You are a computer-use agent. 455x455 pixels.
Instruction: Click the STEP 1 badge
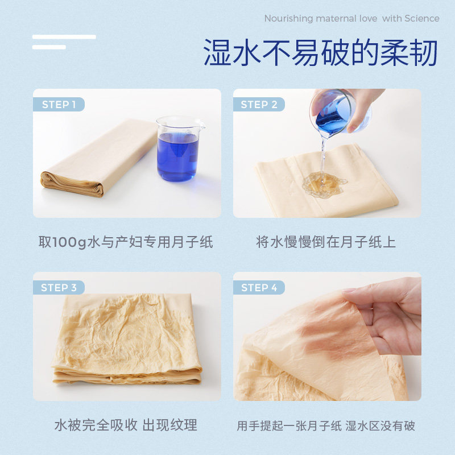59,104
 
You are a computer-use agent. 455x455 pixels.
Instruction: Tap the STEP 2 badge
259,104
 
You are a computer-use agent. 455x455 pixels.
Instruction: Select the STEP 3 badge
59,287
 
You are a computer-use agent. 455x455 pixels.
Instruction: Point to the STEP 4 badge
259,287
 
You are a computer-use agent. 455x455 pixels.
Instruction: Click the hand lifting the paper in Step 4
387,316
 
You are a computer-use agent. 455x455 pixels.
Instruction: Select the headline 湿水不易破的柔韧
320,53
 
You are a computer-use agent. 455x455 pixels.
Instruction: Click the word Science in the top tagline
421,18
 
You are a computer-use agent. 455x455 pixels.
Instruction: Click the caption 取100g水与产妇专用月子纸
126,242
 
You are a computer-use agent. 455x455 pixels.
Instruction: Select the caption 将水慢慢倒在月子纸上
326,242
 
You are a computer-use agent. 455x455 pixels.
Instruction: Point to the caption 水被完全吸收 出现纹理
126,425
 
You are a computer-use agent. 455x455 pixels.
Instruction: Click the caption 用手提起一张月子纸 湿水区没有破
326,425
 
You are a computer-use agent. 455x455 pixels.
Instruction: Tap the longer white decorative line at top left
64,37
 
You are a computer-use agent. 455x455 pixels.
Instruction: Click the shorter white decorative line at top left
49,47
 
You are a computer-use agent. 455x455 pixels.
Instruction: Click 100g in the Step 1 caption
72,242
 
